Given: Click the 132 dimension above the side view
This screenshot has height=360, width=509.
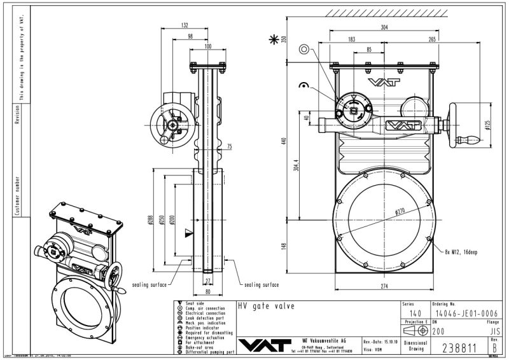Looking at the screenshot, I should (185, 25).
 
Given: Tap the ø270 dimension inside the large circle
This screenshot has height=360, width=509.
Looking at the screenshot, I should (400, 211).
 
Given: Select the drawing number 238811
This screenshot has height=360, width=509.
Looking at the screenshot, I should (460, 347).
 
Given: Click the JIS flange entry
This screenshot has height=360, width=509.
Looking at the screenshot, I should (491, 331).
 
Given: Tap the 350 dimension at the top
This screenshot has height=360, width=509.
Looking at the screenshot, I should (284, 39).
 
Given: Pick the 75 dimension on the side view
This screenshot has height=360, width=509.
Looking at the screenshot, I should (229, 146).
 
